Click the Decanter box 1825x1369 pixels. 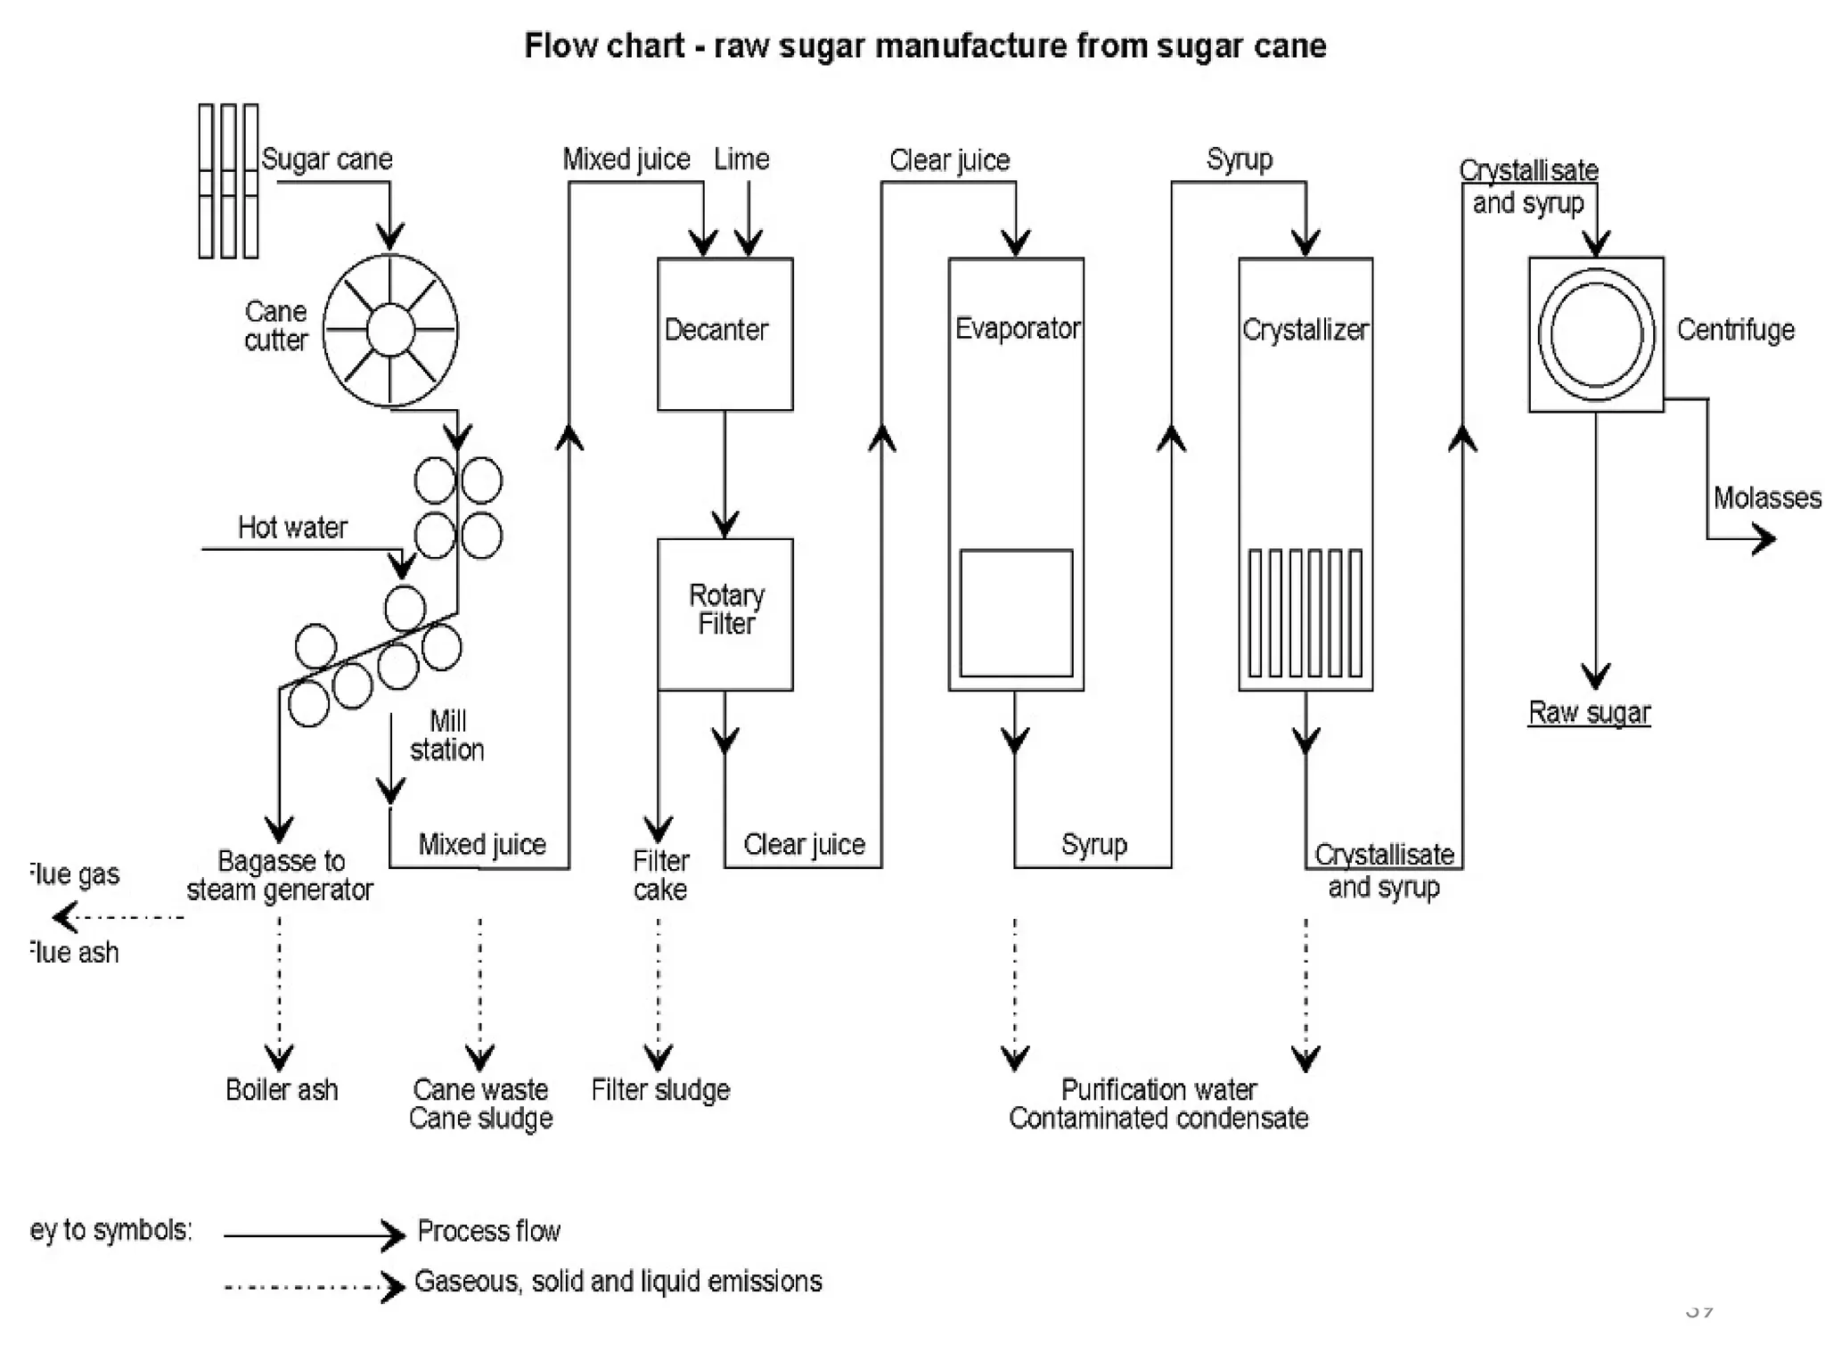(724, 334)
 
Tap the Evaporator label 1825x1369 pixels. (1017, 329)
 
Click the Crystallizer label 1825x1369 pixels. (1305, 331)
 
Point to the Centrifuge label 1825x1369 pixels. (1735, 331)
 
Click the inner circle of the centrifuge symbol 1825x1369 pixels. (1595, 334)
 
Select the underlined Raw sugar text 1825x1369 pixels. (1589, 713)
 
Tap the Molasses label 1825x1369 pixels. (1766, 498)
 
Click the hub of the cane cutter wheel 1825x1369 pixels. (390, 330)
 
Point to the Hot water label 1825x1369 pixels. (292, 528)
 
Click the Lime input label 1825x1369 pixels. (741, 160)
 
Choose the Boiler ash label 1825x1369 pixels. (282, 1090)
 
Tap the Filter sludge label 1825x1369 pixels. (660, 1090)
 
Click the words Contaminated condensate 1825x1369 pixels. (1158, 1119)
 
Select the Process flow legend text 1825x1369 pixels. (488, 1232)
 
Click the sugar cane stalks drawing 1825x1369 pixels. (228, 181)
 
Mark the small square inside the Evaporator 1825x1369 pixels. (1016, 613)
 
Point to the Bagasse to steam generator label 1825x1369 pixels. (280, 875)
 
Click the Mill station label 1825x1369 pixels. (446, 735)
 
